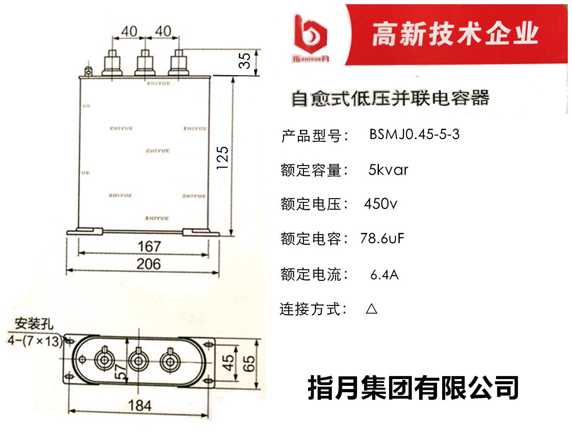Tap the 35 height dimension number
pos(245,61)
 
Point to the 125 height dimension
pos(222,158)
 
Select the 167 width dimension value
pos(149,246)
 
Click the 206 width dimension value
pos(149,264)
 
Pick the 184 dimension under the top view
pos(140,405)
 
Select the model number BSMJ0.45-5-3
pos(414,134)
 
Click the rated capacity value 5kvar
pos(388,170)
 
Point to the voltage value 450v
pos(380,204)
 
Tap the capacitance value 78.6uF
pos(382,238)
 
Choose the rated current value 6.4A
pos(384,275)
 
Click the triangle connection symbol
pos(371,308)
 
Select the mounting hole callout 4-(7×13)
pos(35,340)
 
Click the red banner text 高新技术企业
pos(455,34)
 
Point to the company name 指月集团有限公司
pos(413,388)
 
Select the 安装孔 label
pos(34,324)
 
